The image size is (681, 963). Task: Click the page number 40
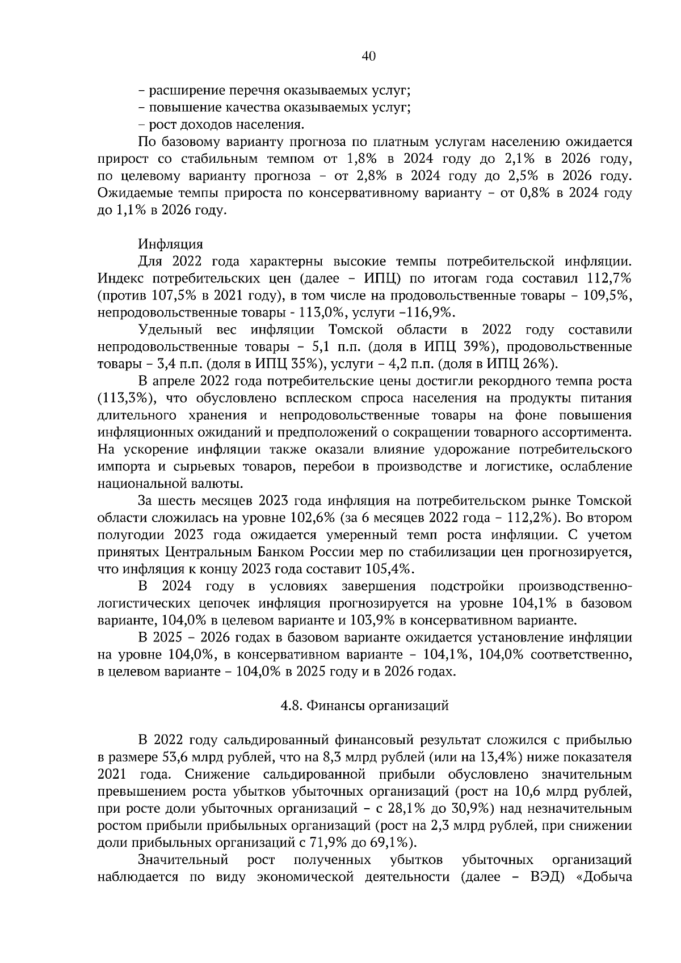point(368,56)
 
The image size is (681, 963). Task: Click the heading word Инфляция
point(170,244)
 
